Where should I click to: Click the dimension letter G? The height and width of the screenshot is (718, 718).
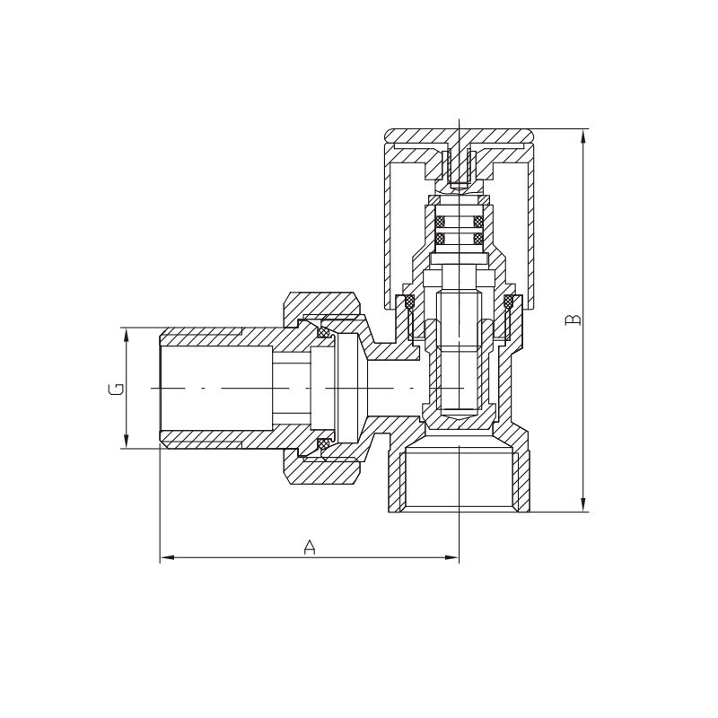coord(117,389)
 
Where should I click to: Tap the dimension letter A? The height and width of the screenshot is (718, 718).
coord(310,547)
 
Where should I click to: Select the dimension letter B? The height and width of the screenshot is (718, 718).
coord(573,320)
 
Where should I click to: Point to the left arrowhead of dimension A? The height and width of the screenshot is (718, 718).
coord(167,557)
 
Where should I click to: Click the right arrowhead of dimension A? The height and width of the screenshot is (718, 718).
coord(451,557)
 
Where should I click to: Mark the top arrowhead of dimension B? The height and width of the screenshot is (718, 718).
coord(582,136)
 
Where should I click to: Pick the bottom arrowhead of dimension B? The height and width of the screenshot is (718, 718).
coord(582,504)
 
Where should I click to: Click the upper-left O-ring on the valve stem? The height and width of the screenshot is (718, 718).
coord(441,222)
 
